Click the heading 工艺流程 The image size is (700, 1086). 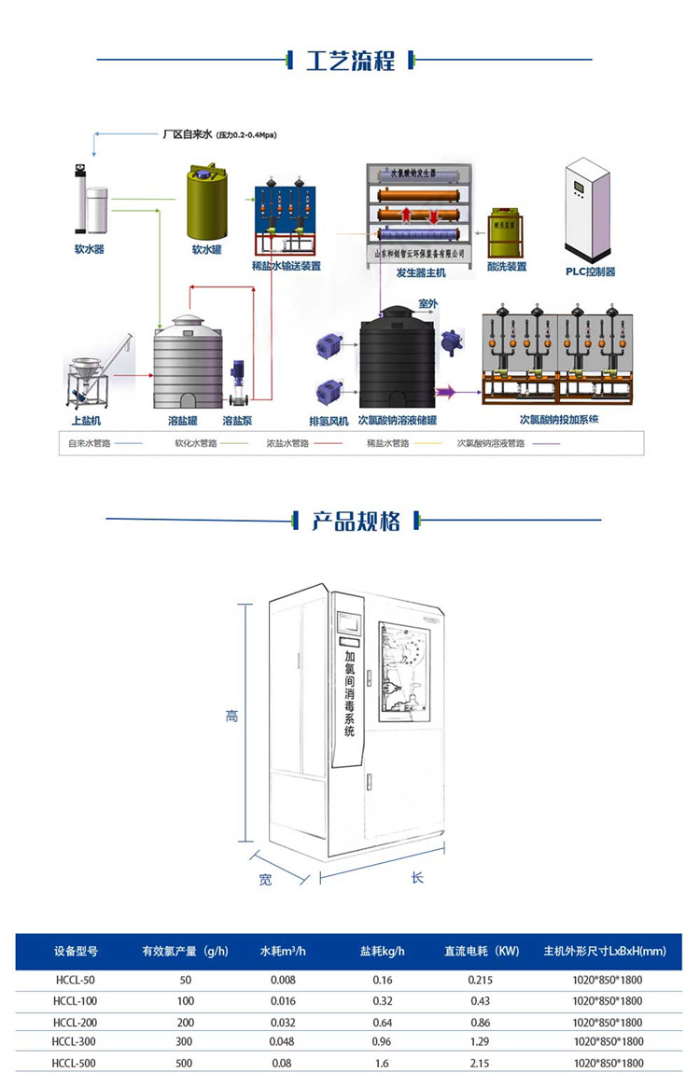click(350, 61)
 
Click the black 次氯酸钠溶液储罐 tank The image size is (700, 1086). click(398, 358)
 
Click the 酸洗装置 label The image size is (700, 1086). click(506, 267)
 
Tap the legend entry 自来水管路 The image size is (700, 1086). click(90, 444)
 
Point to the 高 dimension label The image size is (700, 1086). click(231, 717)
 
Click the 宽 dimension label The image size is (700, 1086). click(265, 879)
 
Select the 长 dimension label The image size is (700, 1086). click(416, 878)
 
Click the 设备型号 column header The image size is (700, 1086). click(76, 952)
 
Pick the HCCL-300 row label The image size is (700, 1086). click(76, 1041)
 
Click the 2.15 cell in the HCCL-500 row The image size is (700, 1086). click(480, 1063)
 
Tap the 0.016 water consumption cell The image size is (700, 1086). click(282, 1000)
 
